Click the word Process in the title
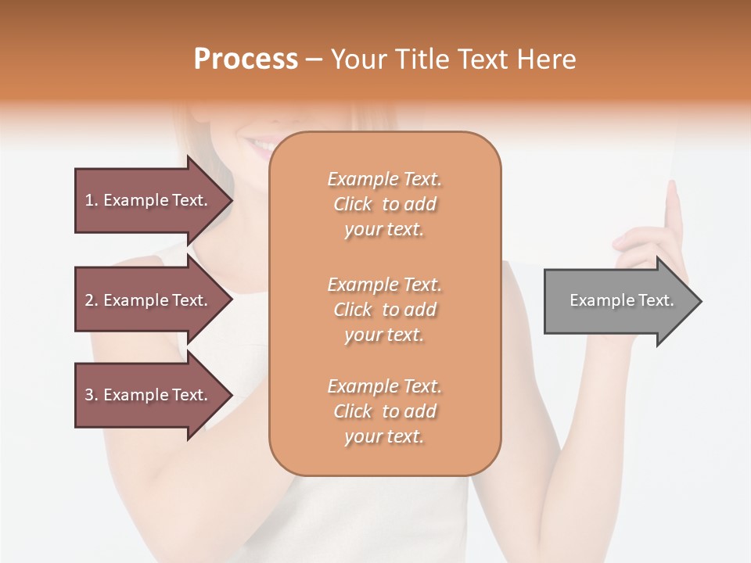click(x=246, y=59)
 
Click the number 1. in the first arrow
click(x=92, y=200)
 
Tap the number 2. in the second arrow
click(x=92, y=300)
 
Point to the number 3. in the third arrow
click(x=92, y=395)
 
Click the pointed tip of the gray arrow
click(x=698, y=301)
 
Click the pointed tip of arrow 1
click(x=229, y=200)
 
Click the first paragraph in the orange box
click(x=384, y=204)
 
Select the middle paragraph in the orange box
click(x=384, y=310)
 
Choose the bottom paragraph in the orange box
click(x=384, y=411)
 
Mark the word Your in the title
click(x=360, y=59)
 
